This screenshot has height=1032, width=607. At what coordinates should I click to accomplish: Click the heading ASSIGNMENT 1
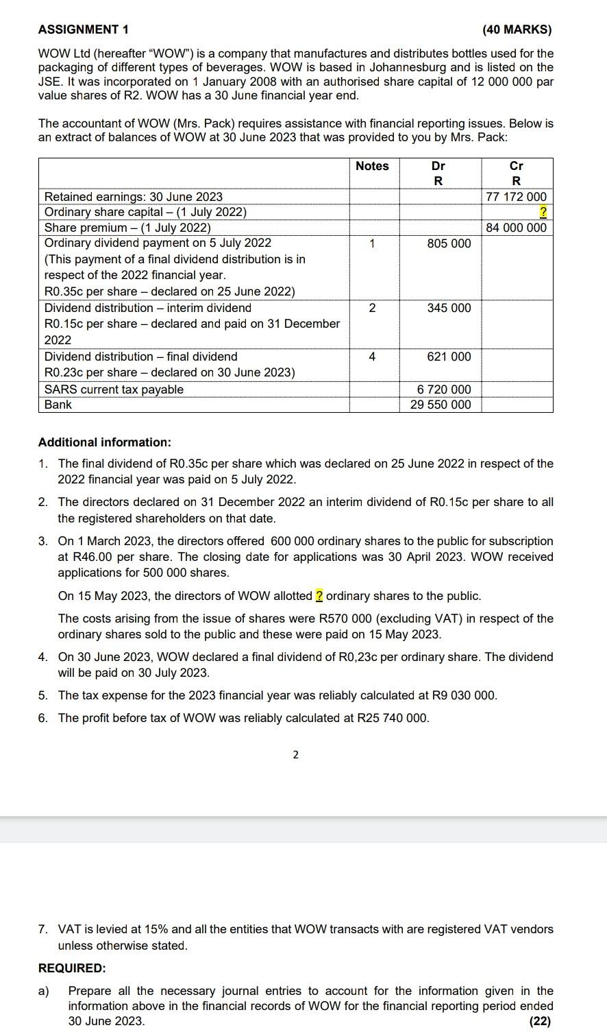[x=83, y=29]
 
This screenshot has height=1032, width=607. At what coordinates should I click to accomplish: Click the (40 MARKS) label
[x=517, y=29]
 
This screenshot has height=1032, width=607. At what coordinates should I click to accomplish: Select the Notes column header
[x=373, y=166]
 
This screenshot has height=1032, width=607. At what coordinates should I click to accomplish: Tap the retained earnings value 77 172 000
[x=516, y=197]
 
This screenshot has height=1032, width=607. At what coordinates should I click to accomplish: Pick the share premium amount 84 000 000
[x=516, y=228]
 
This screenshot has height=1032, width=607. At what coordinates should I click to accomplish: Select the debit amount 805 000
[x=449, y=243]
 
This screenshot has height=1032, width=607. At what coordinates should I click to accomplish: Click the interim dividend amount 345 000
[x=449, y=309]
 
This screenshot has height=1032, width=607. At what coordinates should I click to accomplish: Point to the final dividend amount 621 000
[x=449, y=357]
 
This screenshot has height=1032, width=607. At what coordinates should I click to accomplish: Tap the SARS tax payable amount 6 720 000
[x=444, y=389]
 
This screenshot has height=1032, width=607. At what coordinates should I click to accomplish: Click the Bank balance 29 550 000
[x=441, y=405]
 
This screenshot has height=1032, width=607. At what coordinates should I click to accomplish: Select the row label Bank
[x=58, y=405]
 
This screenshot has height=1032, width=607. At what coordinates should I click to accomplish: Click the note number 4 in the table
[x=372, y=357]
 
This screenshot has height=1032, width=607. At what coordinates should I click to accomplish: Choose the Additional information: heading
[x=105, y=442]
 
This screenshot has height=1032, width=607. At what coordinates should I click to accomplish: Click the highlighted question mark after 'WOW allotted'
[x=319, y=596]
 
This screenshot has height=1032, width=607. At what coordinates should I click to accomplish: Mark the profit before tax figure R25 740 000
[x=393, y=718]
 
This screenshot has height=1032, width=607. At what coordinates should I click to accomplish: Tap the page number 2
[x=295, y=755]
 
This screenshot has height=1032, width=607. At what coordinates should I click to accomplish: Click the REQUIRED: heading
[x=72, y=968]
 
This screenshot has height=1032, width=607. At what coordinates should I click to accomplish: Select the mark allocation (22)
[x=541, y=1021]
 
